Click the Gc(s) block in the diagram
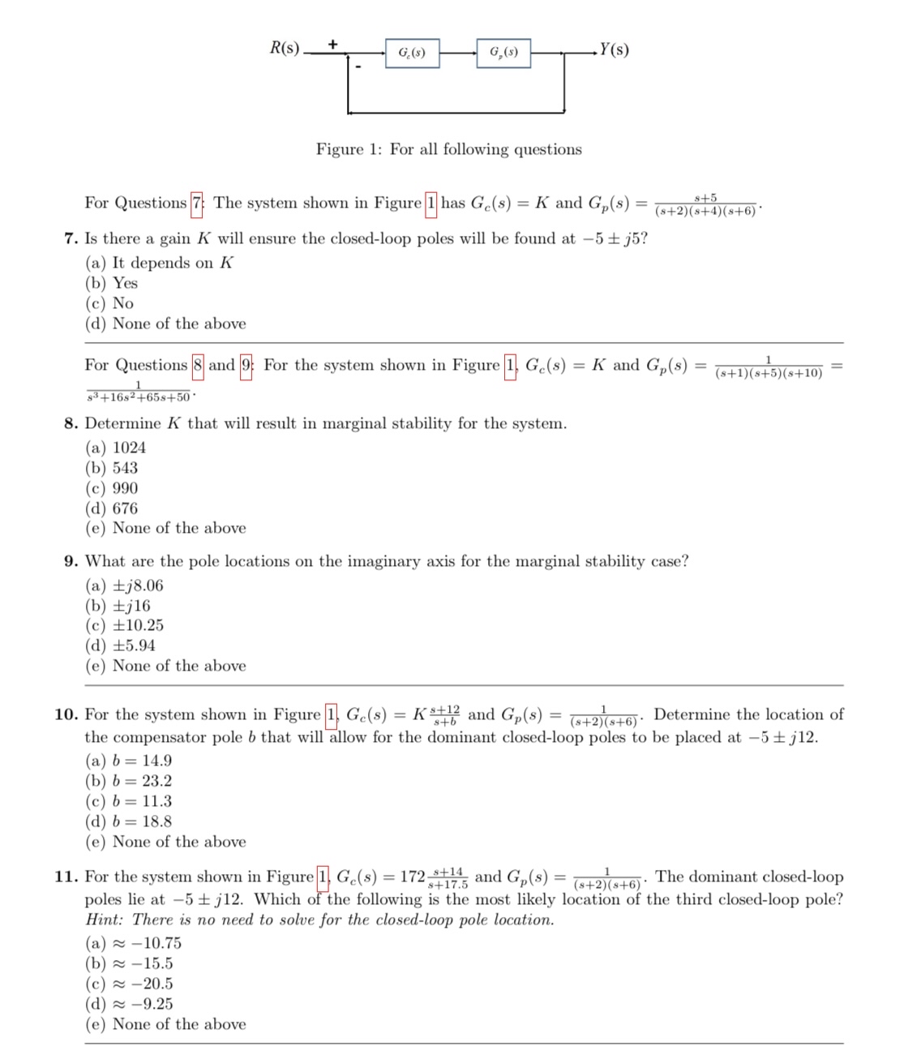click(412, 54)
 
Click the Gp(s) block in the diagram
click(503, 54)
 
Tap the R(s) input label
click(284, 48)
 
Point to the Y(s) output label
click(614, 49)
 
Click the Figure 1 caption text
click(448, 149)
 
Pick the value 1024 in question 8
click(129, 448)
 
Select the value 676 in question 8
click(125, 508)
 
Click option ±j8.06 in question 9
click(137, 585)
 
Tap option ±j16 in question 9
click(131, 606)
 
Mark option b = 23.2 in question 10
click(141, 781)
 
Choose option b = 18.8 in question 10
click(141, 821)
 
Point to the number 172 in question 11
click(413, 877)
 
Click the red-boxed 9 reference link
click(246, 366)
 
